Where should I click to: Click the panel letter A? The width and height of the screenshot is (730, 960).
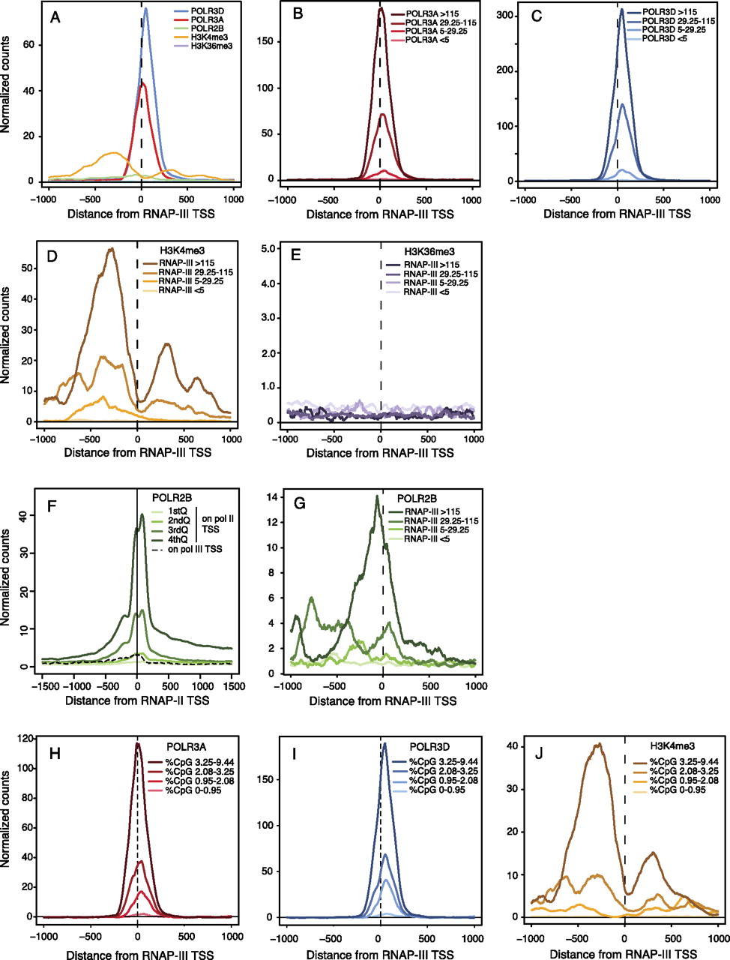click(x=55, y=16)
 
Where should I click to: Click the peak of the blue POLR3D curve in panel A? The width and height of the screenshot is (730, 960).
click(x=145, y=9)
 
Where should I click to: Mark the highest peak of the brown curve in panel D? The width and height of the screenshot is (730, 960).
click(x=112, y=248)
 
